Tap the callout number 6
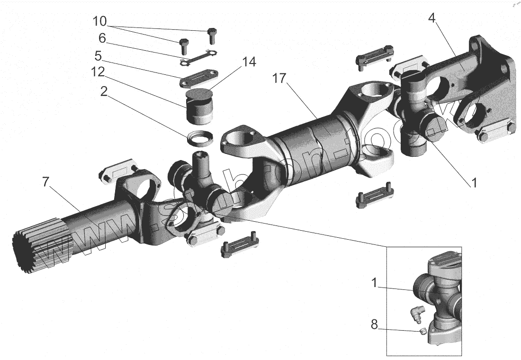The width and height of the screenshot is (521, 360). coord(102,38)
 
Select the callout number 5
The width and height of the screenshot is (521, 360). coord(98,56)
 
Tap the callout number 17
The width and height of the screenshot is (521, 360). coord(280,79)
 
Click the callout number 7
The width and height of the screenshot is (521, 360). coord(46,182)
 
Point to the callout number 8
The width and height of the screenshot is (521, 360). coord(374,325)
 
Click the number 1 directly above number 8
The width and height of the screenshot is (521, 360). coord(374,284)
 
